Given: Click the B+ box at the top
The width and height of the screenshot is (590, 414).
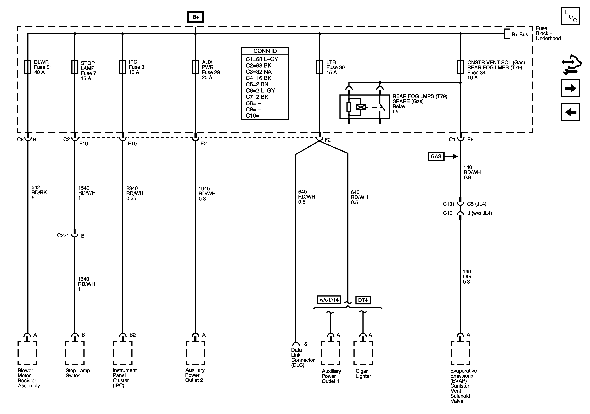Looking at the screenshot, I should pyautogui.click(x=195, y=17).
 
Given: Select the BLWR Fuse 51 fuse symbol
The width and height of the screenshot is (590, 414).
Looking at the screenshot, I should pyautogui.click(x=28, y=67).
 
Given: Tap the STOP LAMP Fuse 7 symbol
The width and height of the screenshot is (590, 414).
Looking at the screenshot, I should pyautogui.click(x=75, y=67).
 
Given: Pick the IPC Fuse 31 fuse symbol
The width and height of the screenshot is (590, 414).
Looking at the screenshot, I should pyautogui.click(x=123, y=67).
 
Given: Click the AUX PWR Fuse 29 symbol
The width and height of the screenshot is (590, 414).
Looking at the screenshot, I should pyautogui.click(x=195, y=67).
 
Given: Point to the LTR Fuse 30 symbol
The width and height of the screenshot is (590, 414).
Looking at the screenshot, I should pyautogui.click(x=319, y=67).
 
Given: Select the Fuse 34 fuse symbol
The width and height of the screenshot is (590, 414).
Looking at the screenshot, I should pyautogui.click(x=460, y=67).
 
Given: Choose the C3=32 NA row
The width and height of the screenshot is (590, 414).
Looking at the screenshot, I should pyautogui.click(x=258, y=72).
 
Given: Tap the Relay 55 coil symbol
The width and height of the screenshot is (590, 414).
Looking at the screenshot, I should pyautogui.click(x=361, y=107).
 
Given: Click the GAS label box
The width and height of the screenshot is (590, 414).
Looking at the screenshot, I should pyautogui.click(x=436, y=156).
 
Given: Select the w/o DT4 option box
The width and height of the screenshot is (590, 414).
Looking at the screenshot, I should pyautogui.click(x=329, y=300).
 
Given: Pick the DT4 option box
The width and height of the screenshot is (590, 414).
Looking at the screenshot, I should pyautogui.click(x=363, y=300).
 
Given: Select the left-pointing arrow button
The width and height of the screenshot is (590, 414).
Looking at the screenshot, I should pyautogui.click(x=571, y=112).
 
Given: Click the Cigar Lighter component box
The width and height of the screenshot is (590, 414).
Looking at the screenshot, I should pyautogui.click(x=363, y=353).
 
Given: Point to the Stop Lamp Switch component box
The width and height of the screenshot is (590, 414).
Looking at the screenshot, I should pyautogui.click(x=75, y=353).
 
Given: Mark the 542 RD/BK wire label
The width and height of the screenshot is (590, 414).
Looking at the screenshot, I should pyautogui.click(x=39, y=192).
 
